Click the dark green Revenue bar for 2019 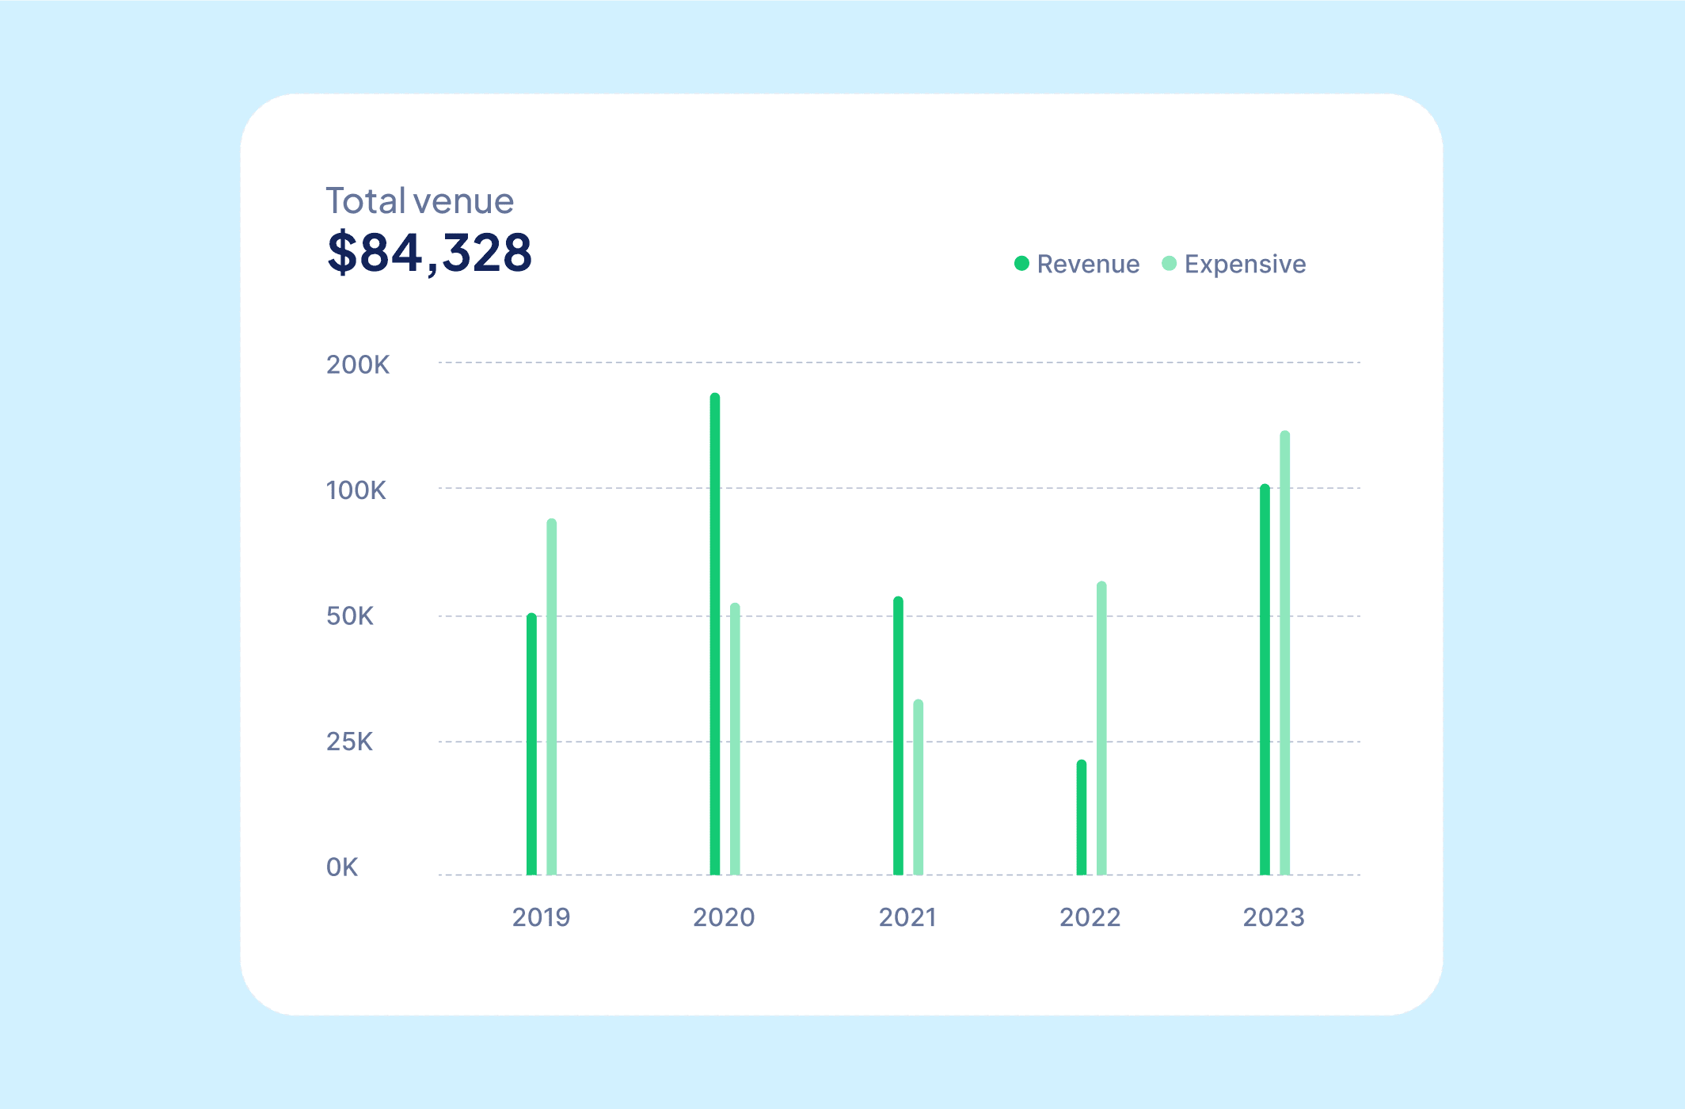(531, 745)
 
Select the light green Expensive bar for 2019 (552, 697)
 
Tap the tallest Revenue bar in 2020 (715, 634)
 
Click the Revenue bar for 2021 (898, 736)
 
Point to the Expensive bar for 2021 (919, 787)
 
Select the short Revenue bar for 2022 (1082, 817)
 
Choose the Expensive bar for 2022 (1101, 729)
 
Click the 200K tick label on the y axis (358, 365)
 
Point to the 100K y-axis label (356, 491)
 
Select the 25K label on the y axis (349, 742)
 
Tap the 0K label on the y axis (342, 867)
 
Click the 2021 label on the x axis (907, 917)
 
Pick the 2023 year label (1273, 917)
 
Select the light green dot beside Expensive (1169, 264)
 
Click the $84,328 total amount (429, 253)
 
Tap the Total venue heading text (420, 201)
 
